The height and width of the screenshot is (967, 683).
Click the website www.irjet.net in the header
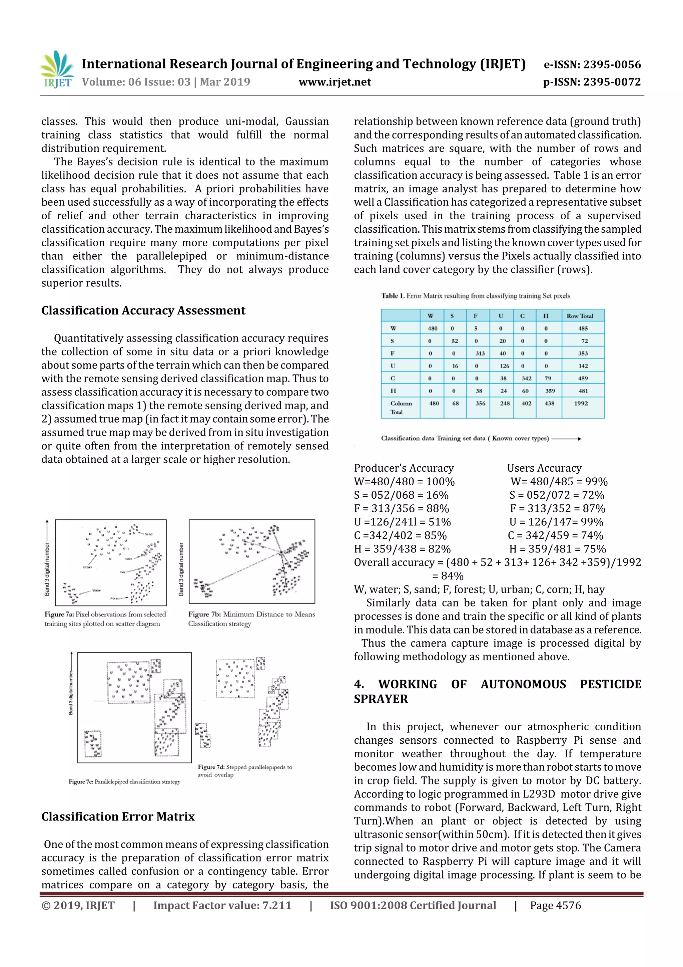pyautogui.click(x=334, y=82)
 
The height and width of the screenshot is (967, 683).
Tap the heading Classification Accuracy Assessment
pyautogui.click(x=143, y=310)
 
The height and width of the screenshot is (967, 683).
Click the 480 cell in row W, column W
pyautogui.click(x=432, y=328)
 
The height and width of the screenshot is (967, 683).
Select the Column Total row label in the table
pyautogui.click(x=400, y=407)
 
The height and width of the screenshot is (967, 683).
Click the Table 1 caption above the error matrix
pyautogui.click(x=476, y=296)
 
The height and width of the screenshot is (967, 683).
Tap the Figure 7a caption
pyautogui.click(x=105, y=619)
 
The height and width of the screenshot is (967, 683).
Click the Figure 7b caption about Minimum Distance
pyautogui.click(x=251, y=619)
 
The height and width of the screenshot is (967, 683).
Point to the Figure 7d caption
pyautogui.click(x=244, y=771)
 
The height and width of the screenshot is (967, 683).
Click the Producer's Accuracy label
pyautogui.click(x=404, y=468)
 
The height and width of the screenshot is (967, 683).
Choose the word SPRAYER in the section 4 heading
pyautogui.click(x=381, y=699)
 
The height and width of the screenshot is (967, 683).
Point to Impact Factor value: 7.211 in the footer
pyautogui.click(x=222, y=906)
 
